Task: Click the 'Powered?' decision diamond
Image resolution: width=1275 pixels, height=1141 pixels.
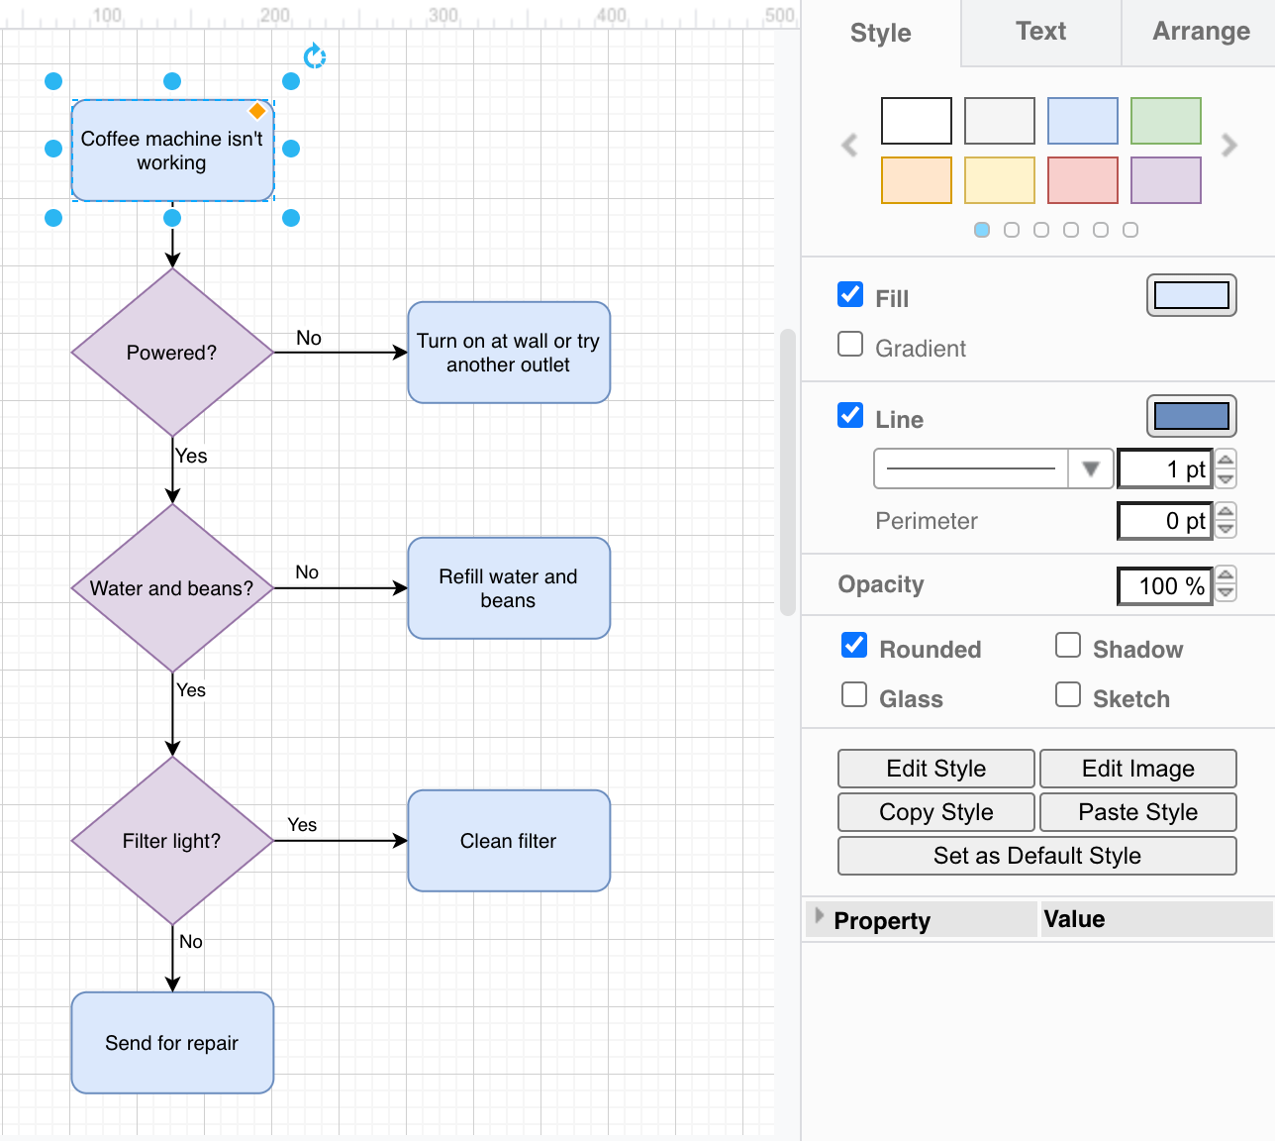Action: pos(172,353)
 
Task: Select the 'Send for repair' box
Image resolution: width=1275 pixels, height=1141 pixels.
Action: pos(172,1043)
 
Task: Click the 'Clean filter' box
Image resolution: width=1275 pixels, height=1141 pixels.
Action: pos(509,841)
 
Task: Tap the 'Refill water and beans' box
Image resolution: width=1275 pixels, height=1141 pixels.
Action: pos(509,588)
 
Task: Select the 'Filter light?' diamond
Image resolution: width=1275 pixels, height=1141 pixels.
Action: pos(172,841)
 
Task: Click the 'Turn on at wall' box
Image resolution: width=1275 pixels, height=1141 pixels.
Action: pos(509,353)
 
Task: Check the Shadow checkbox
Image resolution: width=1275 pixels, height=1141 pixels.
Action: pos(1068,646)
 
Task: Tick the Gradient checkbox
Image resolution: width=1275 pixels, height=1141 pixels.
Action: pos(850,345)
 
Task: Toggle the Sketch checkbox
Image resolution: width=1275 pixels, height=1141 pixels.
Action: pos(1068,695)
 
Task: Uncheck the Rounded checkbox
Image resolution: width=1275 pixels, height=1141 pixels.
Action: pos(854,646)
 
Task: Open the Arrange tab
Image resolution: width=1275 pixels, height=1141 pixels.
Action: pos(1201,32)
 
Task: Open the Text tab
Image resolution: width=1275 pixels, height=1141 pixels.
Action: pos(1040,32)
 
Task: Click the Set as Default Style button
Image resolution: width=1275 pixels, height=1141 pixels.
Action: pos(1036,856)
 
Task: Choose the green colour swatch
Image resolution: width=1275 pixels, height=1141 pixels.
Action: pos(1165,121)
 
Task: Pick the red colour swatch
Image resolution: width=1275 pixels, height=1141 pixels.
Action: pos(1082,180)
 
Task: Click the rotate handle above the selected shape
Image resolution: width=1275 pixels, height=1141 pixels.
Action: pos(315,56)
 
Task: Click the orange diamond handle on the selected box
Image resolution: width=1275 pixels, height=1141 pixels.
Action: pos(257,111)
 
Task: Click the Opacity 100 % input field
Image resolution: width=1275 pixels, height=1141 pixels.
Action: pos(1164,586)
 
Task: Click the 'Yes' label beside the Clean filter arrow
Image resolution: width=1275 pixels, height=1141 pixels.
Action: pos(302,825)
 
